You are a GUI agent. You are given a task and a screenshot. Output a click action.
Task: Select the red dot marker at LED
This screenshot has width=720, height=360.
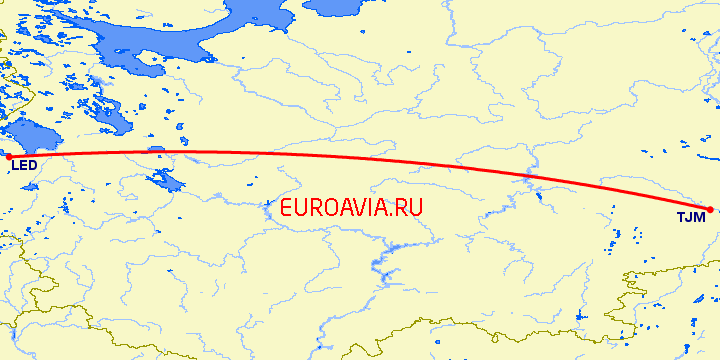(x=9, y=156)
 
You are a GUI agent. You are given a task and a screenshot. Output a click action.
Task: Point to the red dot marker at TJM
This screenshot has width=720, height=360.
(x=709, y=209)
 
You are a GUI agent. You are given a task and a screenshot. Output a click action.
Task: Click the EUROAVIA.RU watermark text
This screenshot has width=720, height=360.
(x=352, y=208)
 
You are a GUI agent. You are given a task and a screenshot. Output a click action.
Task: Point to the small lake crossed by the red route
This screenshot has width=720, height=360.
(x=156, y=150)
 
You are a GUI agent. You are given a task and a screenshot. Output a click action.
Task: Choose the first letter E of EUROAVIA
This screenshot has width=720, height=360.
(x=288, y=208)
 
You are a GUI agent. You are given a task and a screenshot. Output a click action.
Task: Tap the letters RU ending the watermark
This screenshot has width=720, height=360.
(x=411, y=208)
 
